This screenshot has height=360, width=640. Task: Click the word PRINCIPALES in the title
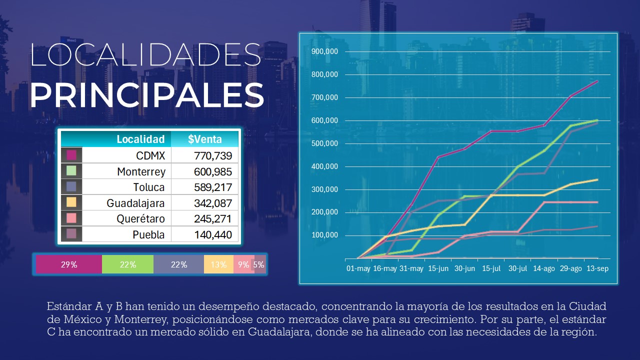click(x=146, y=95)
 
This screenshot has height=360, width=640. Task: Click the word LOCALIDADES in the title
click(x=145, y=55)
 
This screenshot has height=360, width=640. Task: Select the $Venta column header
click(x=205, y=139)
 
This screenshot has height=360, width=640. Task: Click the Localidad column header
click(x=140, y=139)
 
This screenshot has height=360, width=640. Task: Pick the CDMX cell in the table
click(x=150, y=155)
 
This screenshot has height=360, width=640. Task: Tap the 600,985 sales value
click(x=213, y=171)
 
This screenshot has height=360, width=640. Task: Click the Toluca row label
click(x=148, y=187)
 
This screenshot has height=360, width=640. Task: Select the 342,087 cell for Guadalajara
click(x=213, y=203)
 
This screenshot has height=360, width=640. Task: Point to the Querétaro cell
click(x=140, y=219)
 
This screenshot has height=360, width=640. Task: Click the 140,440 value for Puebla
click(x=213, y=234)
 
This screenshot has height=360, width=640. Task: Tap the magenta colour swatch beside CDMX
click(x=71, y=155)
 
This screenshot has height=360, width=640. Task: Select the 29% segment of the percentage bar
click(x=69, y=264)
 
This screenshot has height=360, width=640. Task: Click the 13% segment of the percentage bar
click(x=218, y=264)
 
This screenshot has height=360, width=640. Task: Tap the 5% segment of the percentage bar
click(x=259, y=264)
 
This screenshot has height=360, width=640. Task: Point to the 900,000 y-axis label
click(x=324, y=51)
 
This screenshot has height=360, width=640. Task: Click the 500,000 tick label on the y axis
click(x=324, y=143)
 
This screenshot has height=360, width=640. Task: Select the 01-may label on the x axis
click(x=358, y=268)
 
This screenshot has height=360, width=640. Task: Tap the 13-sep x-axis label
click(x=597, y=268)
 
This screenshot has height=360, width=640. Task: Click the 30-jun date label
click(x=464, y=268)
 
